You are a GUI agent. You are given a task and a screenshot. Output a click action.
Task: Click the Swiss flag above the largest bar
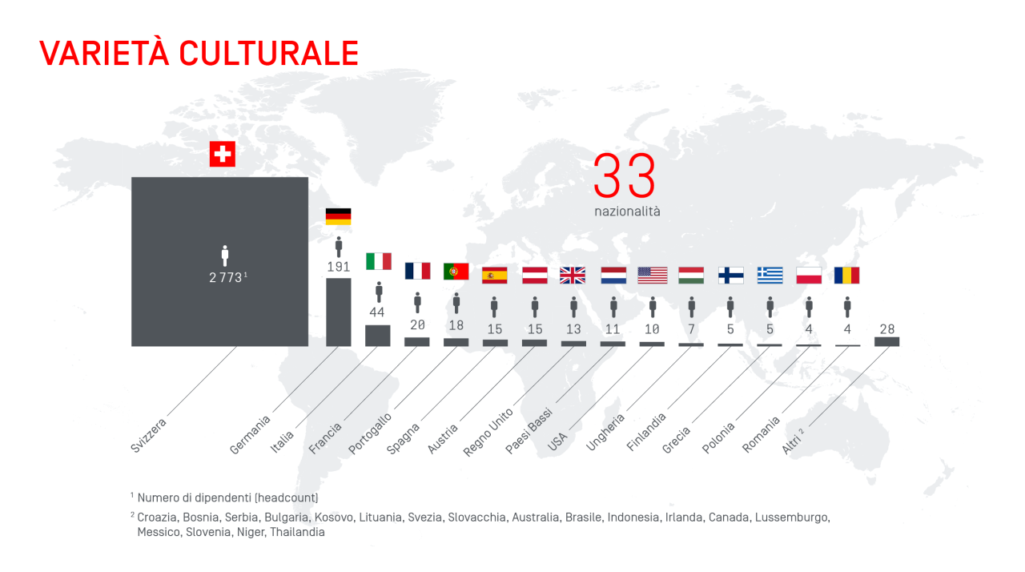click(x=222, y=154)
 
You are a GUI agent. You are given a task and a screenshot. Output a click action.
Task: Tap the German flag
click(x=338, y=216)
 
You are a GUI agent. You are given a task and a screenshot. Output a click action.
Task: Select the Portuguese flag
click(x=456, y=272)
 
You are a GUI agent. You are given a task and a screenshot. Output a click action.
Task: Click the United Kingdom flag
click(x=573, y=276)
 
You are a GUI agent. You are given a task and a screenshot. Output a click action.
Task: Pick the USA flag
click(x=652, y=276)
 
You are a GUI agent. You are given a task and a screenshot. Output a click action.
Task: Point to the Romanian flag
click(x=846, y=276)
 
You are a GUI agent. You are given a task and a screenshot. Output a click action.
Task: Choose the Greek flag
click(x=770, y=276)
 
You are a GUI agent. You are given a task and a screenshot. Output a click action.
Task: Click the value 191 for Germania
click(x=339, y=267)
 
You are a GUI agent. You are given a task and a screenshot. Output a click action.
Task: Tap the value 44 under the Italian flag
click(x=377, y=312)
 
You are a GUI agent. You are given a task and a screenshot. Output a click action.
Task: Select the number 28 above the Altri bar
click(x=886, y=329)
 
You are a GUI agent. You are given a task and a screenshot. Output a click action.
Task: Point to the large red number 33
click(x=625, y=176)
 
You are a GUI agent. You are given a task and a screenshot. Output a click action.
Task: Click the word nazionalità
click(x=627, y=212)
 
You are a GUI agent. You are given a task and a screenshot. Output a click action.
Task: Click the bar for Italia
click(x=377, y=336)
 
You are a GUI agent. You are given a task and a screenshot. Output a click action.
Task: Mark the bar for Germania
click(x=338, y=312)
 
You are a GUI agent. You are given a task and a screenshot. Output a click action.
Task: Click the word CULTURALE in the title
click(x=268, y=53)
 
